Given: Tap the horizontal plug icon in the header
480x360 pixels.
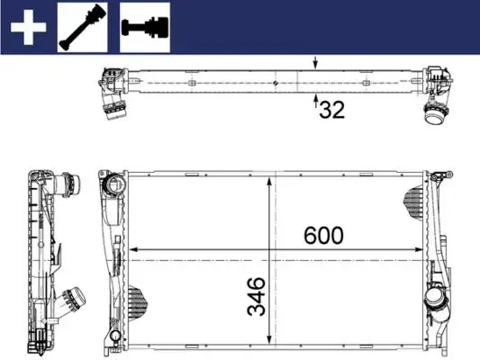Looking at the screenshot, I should (x=145, y=27).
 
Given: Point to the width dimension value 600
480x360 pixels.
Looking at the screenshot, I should (x=323, y=236).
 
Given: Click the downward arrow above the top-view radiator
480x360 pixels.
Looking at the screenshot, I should (x=314, y=64).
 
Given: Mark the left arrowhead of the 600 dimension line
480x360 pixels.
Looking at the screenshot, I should (x=134, y=249).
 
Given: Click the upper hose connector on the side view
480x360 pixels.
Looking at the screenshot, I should (x=65, y=185).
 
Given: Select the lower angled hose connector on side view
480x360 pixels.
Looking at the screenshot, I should (x=72, y=298).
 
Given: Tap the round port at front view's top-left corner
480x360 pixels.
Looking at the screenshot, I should (x=113, y=185).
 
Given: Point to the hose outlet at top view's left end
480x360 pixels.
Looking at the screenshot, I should (x=115, y=113).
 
